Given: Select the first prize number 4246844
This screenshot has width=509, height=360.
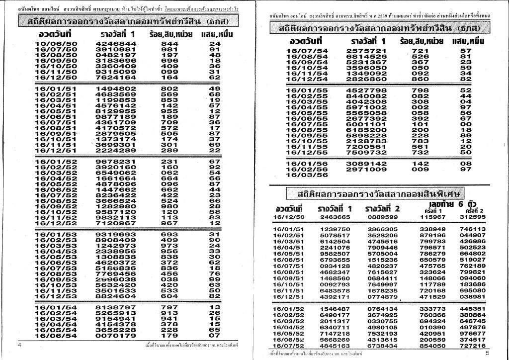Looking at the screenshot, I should pyautogui.click(x=115, y=44).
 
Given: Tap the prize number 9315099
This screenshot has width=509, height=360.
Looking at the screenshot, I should pyautogui.click(x=115, y=72).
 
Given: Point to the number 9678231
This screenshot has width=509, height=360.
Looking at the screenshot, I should pyautogui.click(x=115, y=162).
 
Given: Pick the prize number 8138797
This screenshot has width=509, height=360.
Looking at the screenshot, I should pyautogui.click(x=115, y=307).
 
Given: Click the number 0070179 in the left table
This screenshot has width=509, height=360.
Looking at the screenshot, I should pyautogui.click(x=115, y=335).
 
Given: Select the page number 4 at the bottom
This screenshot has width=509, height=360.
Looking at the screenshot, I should pyautogui.click(x=19, y=345).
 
